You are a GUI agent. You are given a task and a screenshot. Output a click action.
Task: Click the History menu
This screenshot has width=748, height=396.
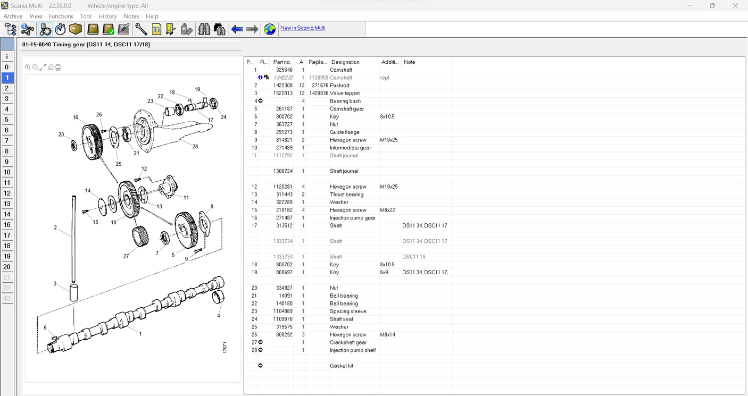tap(107, 16)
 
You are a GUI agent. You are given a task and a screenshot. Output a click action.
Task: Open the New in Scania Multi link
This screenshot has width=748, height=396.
tap(303, 28)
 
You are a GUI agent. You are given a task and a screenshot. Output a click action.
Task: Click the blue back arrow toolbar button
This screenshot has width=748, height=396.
tap(237, 29)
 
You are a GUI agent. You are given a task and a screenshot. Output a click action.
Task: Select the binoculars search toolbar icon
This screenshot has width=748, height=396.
tap(204, 29)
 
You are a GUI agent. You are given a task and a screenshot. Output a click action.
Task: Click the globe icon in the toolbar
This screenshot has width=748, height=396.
tap(270, 29)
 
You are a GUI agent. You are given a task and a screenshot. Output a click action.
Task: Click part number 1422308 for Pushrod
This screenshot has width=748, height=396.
tap(282, 86)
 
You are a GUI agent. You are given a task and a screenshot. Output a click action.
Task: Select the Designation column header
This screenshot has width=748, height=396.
tap(345, 62)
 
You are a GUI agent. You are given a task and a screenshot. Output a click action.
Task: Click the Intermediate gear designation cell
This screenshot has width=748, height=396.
tap(350, 148)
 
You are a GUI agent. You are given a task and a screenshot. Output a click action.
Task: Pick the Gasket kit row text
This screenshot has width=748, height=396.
tap(341, 366)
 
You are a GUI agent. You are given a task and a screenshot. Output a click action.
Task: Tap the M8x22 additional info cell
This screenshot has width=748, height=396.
tap(388, 210)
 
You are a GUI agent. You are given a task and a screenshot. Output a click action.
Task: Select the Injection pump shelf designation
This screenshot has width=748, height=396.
tap(353, 350)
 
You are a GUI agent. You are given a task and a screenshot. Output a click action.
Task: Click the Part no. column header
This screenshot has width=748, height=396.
tap(282, 62)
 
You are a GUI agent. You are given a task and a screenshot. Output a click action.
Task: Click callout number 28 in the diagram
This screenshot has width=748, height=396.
tap(195, 147)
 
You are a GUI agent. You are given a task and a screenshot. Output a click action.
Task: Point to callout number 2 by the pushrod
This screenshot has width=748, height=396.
tap(55, 228)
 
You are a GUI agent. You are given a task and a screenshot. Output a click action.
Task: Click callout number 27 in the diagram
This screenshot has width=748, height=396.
tap(126, 256)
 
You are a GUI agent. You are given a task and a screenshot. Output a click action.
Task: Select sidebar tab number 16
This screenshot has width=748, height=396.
tap(7, 225)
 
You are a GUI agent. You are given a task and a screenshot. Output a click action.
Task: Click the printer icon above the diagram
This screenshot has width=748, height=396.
tap(58, 68)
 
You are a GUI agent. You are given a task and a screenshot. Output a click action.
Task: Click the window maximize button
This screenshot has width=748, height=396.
tap(712, 6)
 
